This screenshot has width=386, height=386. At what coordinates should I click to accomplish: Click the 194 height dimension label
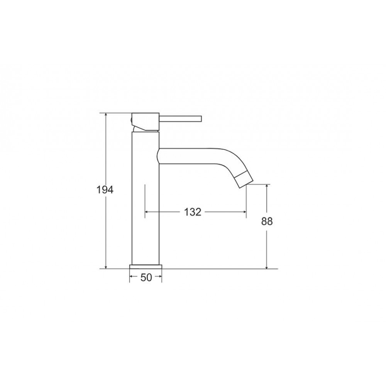(105, 190)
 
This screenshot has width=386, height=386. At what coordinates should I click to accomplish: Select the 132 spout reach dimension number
(193, 212)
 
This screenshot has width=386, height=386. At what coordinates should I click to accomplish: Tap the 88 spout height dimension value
(267, 222)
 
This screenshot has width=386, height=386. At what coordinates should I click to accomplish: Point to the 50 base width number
(146, 278)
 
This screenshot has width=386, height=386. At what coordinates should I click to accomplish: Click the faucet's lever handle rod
(180, 119)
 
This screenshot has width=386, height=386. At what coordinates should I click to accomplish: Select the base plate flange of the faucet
(146, 267)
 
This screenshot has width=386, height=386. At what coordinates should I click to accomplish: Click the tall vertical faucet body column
(146, 198)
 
